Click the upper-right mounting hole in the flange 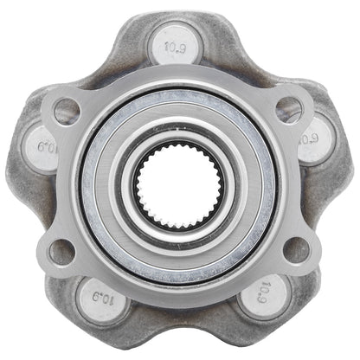pos(288,109)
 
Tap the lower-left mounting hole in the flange pos(61,252)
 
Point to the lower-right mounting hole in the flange pos(295,250)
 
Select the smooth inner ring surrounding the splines pos(179,136)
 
